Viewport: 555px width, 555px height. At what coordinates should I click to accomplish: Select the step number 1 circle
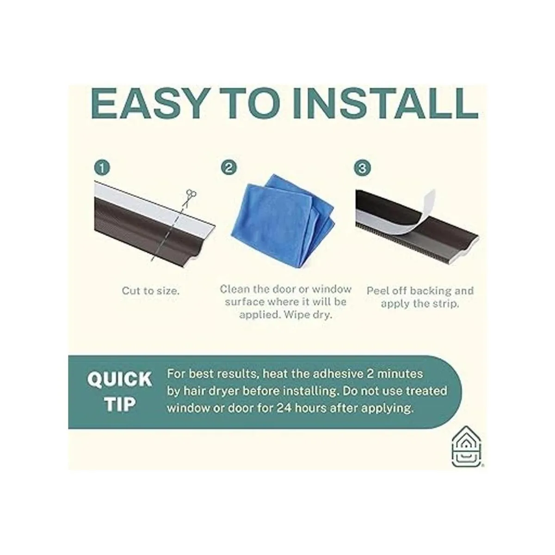point(102,168)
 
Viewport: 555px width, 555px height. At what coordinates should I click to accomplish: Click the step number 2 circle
point(228,167)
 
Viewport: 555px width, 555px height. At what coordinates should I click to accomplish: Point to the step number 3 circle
point(362,167)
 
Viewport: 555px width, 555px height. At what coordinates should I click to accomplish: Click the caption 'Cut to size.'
point(151,290)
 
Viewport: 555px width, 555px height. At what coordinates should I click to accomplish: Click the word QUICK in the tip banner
point(119,379)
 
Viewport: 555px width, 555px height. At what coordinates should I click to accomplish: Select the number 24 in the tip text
point(283,408)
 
